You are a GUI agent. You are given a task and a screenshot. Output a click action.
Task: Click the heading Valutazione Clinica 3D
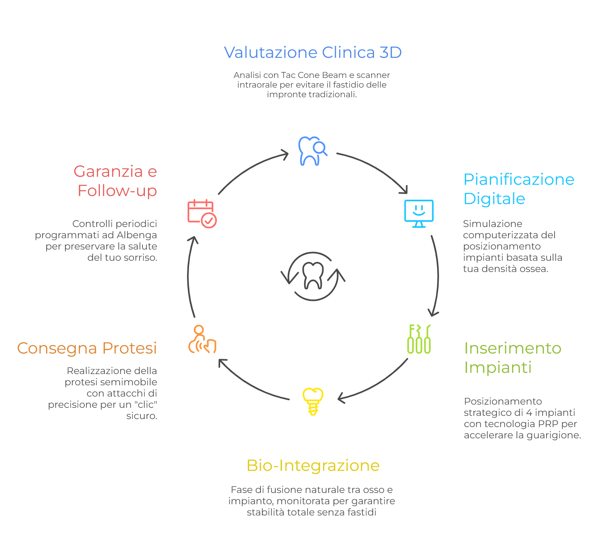coord(313,53)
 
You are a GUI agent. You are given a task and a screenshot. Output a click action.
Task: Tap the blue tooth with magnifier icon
coord(312,151)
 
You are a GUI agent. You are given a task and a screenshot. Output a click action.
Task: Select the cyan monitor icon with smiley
coord(419,213)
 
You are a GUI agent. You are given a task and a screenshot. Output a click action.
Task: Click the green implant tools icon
coord(419,339)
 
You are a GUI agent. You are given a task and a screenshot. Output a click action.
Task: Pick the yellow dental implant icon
coord(313,401)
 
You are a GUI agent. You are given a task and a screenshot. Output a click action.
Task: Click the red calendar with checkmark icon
coord(202,213)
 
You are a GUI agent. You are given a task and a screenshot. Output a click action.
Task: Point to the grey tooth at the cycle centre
coord(313,275)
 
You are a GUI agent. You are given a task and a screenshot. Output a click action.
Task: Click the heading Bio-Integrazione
coord(313,466)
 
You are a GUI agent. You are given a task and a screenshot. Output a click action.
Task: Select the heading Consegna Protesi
coord(87,348)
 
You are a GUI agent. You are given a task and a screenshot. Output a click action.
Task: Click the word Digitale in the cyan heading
coord(494,199)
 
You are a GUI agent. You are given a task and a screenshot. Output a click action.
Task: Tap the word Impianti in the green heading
coord(498,368)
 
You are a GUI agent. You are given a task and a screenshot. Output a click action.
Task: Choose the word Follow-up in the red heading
coord(117,191)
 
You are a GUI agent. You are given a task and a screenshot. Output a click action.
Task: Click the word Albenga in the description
coord(136,235)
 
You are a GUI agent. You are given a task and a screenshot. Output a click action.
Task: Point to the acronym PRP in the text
coord(548,424)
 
